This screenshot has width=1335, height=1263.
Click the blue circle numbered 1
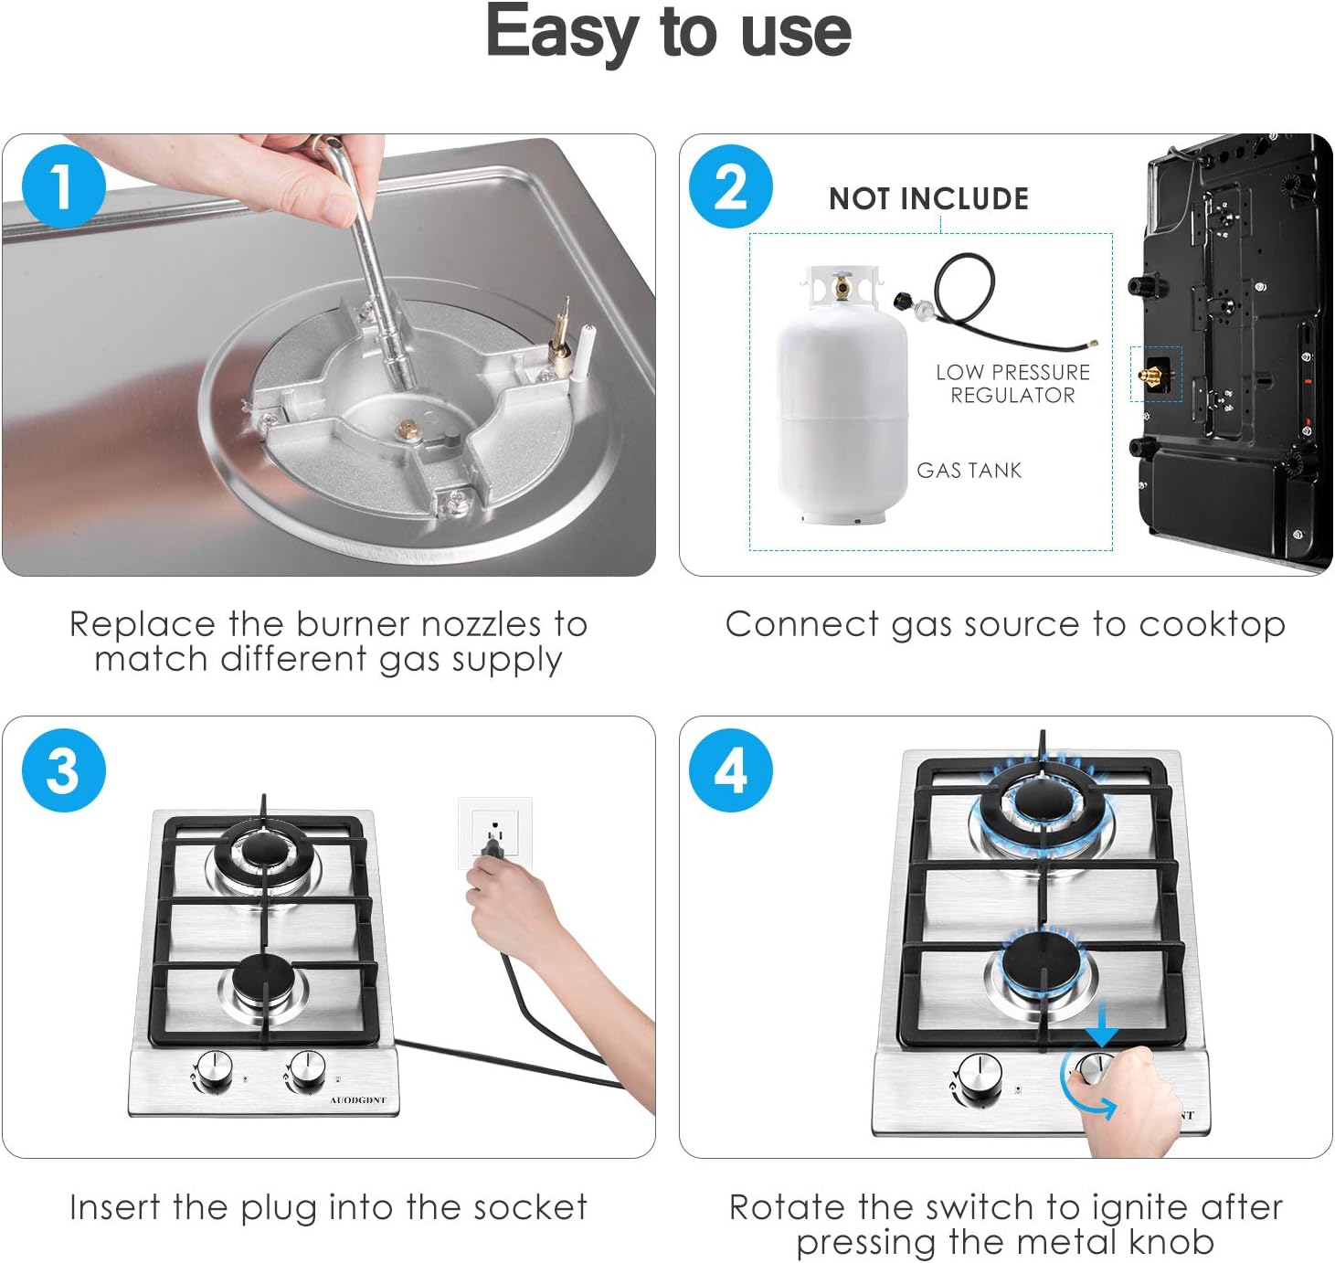tap(63, 186)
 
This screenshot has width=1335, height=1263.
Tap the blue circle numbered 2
tap(730, 186)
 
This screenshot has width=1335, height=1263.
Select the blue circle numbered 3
tap(63, 769)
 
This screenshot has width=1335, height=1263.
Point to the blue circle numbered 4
tap(730, 769)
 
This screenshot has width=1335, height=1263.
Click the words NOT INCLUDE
tap(928, 199)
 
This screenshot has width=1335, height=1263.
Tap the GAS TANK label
tap(969, 470)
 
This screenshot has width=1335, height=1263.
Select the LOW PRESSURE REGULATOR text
tap(1012, 383)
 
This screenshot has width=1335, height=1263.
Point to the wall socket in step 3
tap(495, 833)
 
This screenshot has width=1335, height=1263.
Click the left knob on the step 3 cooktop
tap(213, 1072)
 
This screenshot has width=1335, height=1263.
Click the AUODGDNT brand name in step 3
tap(357, 1100)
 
